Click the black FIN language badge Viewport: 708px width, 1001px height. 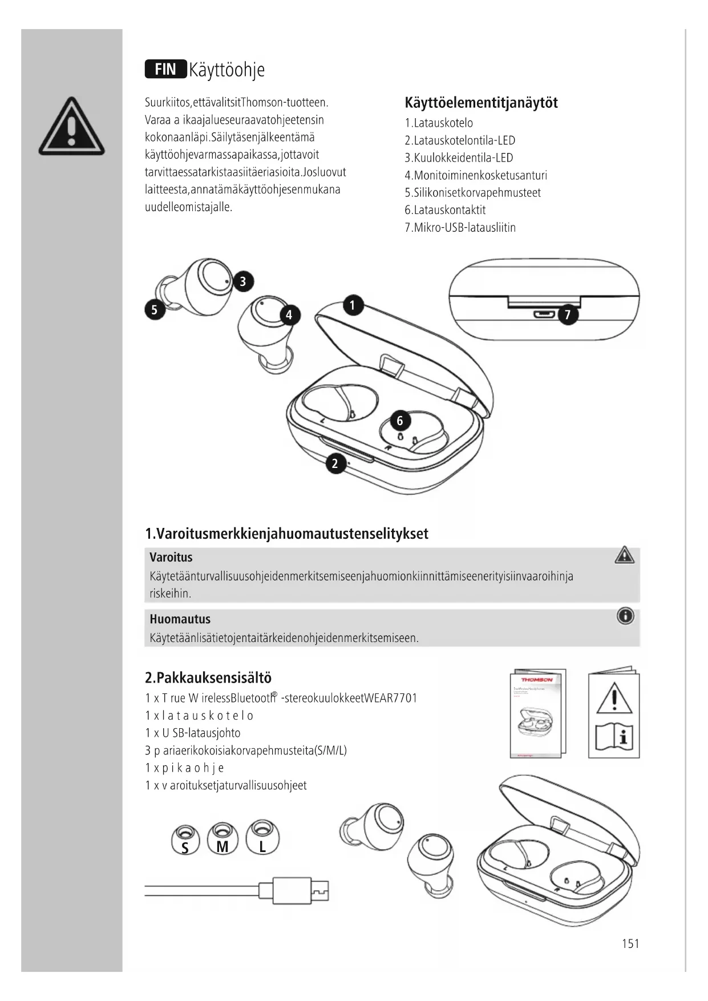coord(165,69)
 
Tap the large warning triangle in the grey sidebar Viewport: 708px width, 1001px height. coord(72,128)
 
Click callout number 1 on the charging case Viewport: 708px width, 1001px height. coord(353,305)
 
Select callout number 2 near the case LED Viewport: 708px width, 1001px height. coord(335,463)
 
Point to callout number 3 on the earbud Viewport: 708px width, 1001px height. coord(243,281)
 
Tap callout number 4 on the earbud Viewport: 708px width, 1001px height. coord(289,315)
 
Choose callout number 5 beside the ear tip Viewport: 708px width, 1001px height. coord(154,310)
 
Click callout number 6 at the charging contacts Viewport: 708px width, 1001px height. coord(400,421)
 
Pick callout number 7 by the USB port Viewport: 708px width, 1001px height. coord(568,314)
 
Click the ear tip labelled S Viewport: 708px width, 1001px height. coord(185,839)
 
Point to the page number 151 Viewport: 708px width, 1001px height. coord(630,943)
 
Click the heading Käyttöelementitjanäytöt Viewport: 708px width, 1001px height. coord(481,103)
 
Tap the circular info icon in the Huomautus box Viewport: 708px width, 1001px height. coord(625,616)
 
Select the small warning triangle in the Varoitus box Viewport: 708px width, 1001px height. coord(625,555)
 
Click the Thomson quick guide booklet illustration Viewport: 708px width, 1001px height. coord(537,713)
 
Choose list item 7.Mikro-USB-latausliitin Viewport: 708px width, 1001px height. coord(460,228)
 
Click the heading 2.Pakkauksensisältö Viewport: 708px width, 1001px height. coord(208,678)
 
